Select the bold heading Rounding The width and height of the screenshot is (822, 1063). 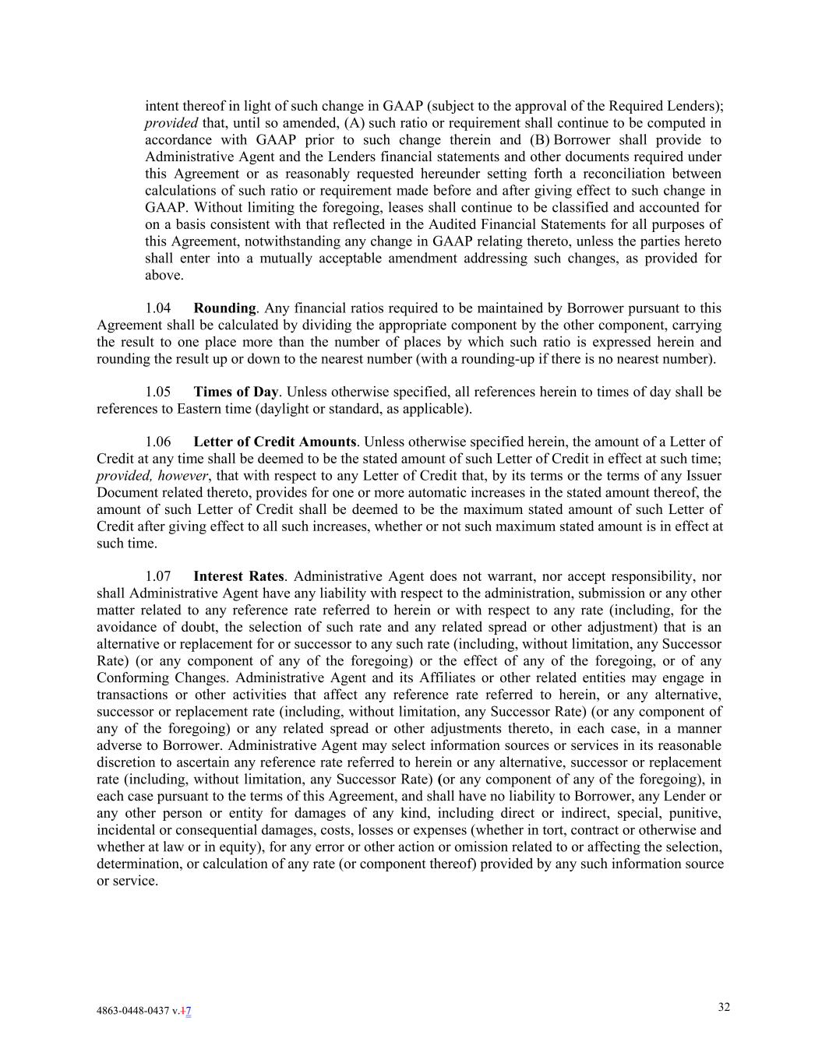coord(224,308)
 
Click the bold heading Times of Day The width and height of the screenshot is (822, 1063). coord(235,392)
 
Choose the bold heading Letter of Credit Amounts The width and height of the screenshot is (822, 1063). coord(274,442)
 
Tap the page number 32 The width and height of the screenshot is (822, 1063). coord(724,1007)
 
